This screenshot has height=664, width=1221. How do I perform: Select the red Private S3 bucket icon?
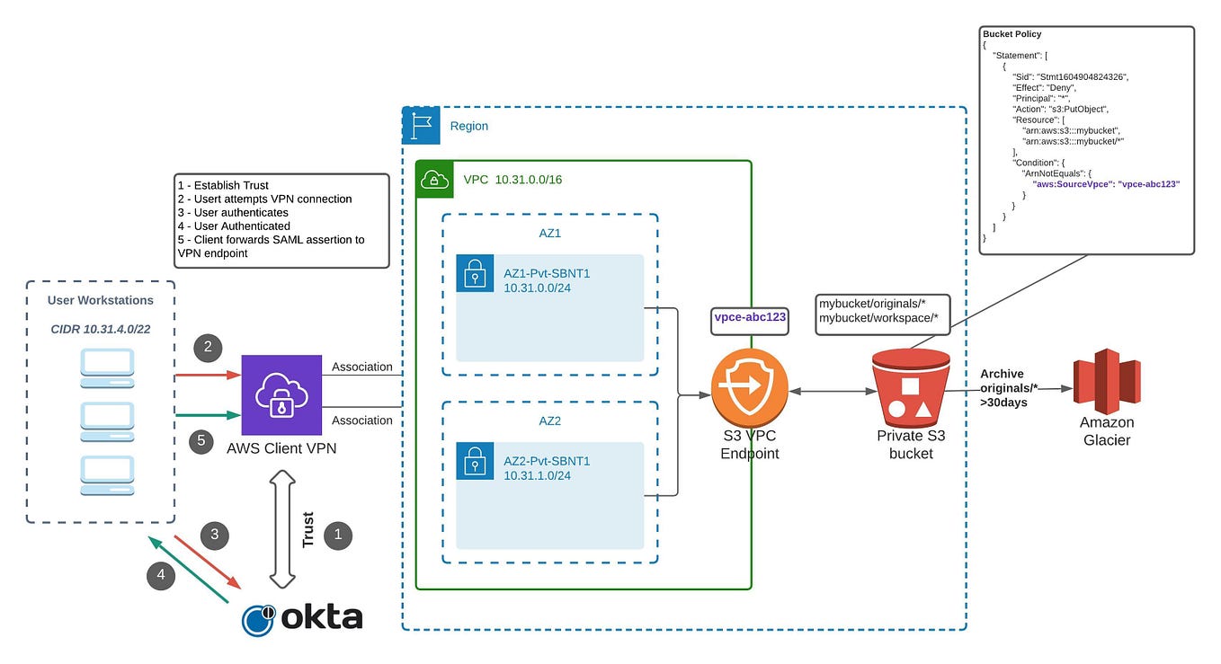pyautogui.click(x=911, y=388)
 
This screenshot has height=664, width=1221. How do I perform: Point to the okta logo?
pyautogui.click(x=303, y=618)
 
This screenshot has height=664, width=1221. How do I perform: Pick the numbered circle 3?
pyautogui.click(x=214, y=535)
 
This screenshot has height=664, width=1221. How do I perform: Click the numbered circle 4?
pyautogui.click(x=162, y=576)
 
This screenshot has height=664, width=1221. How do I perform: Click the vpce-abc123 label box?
pyautogui.click(x=750, y=318)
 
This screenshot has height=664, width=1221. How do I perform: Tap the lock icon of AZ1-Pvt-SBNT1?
pyautogui.click(x=475, y=273)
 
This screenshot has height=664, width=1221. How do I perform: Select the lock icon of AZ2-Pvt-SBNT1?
pyautogui.click(x=475, y=460)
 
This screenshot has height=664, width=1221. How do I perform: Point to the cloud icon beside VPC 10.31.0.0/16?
pyautogui.click(x=434, y=179)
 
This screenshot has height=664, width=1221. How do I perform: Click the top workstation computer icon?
pyautogui.click(x=107, y=367)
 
